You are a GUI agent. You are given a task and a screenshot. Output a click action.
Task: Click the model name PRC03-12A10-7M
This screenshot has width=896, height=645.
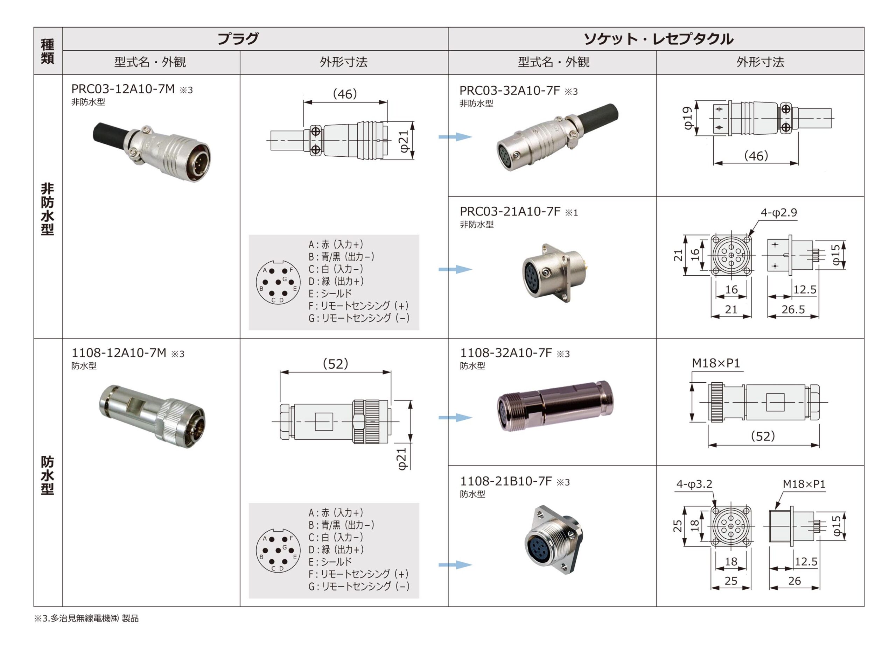pyautogui.click(x=123, y=89)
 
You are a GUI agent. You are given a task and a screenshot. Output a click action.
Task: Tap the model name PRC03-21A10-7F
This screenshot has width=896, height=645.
pyautogui.click(x=510, y=212)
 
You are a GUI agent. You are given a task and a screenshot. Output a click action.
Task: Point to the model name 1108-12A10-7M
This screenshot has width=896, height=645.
pyautogui.click(x=119, y=353)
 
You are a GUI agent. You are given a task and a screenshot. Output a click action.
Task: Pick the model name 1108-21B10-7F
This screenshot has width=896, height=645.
pyautogui.click(x=506, y=481)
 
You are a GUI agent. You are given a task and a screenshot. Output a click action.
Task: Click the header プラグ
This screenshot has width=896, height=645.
pyautogui.click(x=238, y=39)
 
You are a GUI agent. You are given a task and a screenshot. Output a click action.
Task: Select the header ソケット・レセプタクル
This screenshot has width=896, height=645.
pyautogui.click(x=659, y=39)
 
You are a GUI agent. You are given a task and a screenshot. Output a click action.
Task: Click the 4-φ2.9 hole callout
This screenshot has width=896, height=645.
pyautogui.click(x=779, y=213)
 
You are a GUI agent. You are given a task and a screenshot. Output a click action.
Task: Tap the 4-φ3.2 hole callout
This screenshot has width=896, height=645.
pyautogui.click(x=694, y=484)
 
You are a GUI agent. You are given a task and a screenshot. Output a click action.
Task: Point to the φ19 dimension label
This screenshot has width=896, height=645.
pyautogui.click(x=688, y=118)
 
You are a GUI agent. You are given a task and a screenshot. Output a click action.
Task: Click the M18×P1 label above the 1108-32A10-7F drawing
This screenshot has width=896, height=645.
pyautogui.click(x=715, y=363)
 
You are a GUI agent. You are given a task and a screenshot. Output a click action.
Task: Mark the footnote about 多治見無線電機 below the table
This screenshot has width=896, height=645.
pyautogui.click(x=86, y=618)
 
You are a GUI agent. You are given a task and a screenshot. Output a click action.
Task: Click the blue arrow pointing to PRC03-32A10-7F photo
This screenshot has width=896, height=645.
pyautogui.click(x=455, y=136)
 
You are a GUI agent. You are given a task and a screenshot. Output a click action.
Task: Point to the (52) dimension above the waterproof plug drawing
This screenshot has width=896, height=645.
pyautogui.click(x=335, y=363)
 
